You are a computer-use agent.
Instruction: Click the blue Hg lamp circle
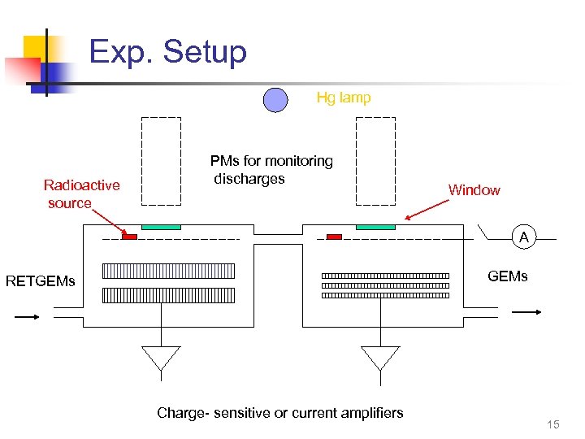click(275, 99)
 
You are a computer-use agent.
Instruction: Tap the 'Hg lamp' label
click(343, 98)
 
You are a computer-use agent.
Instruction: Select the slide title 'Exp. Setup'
click(167, 52)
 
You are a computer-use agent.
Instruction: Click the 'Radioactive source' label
click(80, 193)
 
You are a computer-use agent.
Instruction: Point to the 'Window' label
click(474, 190)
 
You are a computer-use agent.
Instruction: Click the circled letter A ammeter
click(524, 238)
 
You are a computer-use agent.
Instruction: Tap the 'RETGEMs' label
click(41, 282)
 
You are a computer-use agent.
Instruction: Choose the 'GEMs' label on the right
click(507, 276)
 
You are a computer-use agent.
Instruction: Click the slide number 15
click(553, 424)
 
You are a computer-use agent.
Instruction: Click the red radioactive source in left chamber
click(129, 237)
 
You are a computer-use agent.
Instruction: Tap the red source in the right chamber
click(334, 237)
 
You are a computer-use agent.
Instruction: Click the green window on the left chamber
click(161, 226)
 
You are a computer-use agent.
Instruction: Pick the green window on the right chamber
click(375, 226)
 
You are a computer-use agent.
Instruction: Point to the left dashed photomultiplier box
click(161, 161)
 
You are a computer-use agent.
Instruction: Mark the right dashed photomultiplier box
click(375, 161)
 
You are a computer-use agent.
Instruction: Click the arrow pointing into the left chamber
click(27, 317)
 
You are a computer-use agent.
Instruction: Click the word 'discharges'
click(249, 179)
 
